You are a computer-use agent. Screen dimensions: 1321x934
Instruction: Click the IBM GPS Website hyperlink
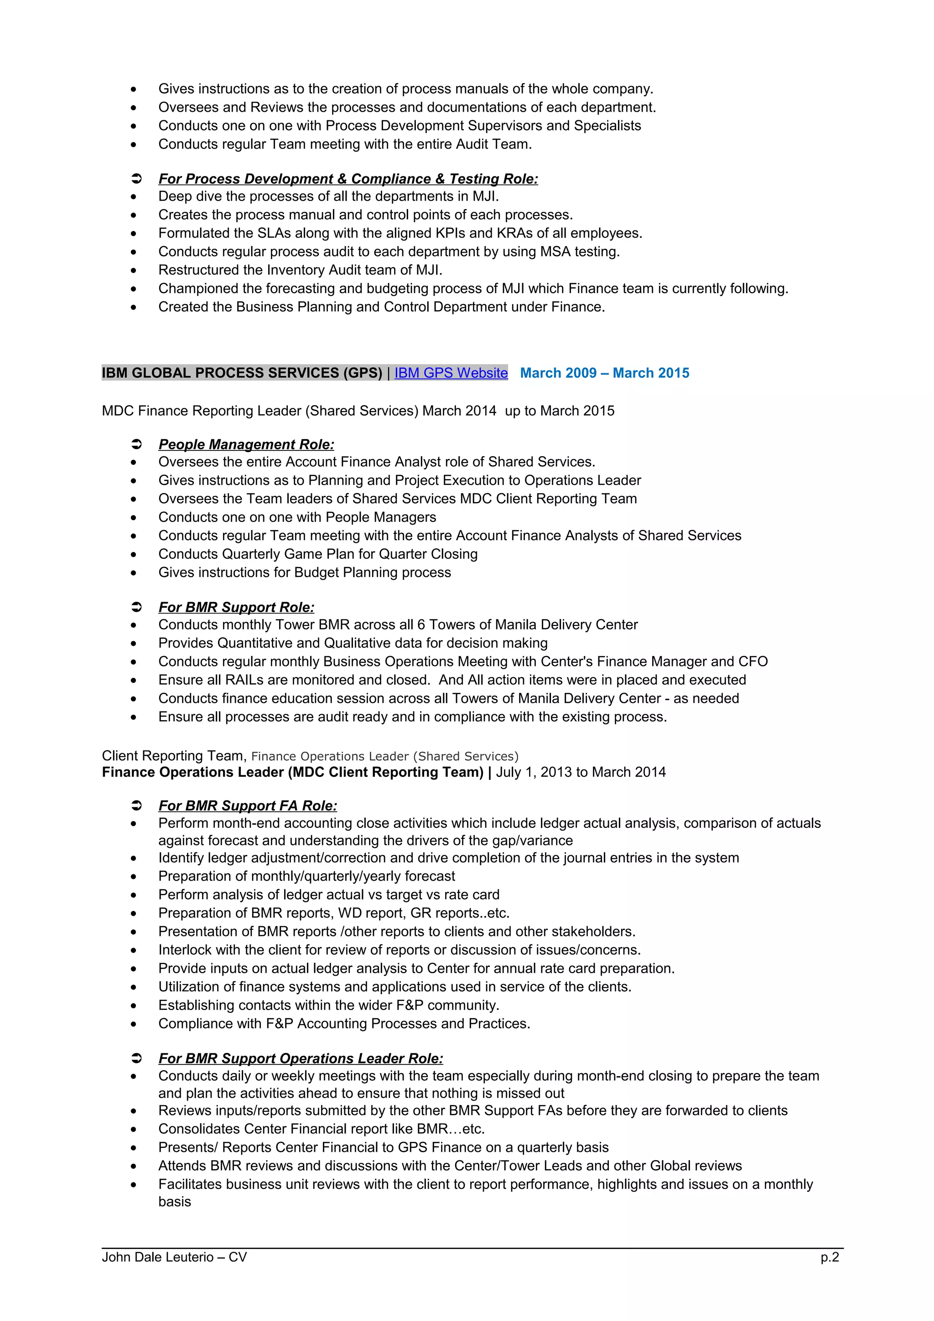tap(451, 373)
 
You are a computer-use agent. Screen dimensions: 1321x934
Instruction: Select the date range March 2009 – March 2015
tap(604, 373)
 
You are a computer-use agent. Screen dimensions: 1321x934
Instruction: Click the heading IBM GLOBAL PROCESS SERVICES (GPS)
tap(242, 373)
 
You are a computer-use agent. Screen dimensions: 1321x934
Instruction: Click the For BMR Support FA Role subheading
tap(248, 805)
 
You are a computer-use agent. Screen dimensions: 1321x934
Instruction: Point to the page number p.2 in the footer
tap(829, 1257)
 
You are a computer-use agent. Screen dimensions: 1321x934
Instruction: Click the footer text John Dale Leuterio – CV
tap(174, 1257)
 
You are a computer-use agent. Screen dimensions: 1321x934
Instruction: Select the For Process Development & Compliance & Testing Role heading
tap(348, 179)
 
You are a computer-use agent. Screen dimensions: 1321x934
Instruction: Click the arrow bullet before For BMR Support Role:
tap(136, 607)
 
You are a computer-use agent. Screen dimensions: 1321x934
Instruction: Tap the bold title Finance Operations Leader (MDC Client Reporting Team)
tap(292, 772)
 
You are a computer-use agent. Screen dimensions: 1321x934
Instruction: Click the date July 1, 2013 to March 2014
tap(581, 772)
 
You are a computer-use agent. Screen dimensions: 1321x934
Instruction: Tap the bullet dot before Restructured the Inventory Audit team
tap(134, 270)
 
